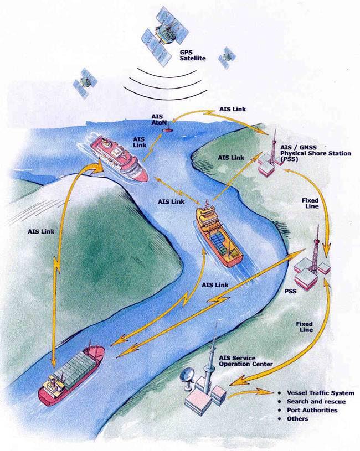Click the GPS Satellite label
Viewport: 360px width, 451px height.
pos(193,55)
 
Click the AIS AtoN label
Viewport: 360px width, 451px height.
pos(159,120)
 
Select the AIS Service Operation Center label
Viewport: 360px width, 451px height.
pos(245,361)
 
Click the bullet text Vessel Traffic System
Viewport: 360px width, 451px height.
pos(320,393)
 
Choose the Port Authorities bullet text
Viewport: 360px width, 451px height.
pos(312,410)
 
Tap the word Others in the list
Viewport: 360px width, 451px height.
pos(297,419)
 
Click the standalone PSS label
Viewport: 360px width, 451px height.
pos(290,292)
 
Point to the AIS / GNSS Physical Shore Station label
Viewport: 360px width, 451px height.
pos(316,153)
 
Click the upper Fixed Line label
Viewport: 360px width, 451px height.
pos(310,203)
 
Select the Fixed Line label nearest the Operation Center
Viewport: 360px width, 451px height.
pos(305,326)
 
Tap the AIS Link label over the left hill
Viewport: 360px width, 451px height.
pos(41,231)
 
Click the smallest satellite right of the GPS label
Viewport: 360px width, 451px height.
pos(227,58)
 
